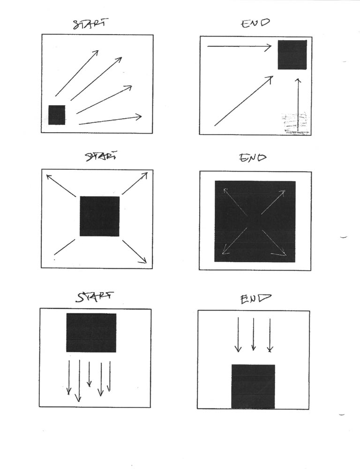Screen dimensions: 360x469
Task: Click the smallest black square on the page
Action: [57, 115]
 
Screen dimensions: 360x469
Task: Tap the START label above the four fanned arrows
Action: [90, 23]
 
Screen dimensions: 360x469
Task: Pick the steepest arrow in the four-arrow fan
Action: [77, 73]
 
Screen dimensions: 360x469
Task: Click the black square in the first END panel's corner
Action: [292, 55]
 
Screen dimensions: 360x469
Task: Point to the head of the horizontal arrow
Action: [268, 46]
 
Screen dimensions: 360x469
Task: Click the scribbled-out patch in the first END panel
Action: [294, 123]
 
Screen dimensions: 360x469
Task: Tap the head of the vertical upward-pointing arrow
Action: [298, 81]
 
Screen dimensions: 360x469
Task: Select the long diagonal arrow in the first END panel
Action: [243, 101]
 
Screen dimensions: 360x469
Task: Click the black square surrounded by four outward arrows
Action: [99, 216]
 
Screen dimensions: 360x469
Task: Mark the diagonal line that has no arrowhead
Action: [64, 247]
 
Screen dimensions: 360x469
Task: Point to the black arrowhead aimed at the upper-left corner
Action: [49, 177]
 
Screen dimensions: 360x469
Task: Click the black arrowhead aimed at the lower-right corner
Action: [144, 260]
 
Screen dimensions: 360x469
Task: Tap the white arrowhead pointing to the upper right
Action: [282, 192]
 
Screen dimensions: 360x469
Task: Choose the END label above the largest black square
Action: [253, 157]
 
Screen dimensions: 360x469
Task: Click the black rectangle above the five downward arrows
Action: [91, 333]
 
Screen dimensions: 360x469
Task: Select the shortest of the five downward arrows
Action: [89, 374]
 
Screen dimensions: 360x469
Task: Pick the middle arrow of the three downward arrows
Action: [254, 334]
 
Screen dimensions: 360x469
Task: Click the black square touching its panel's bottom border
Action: [253, 386]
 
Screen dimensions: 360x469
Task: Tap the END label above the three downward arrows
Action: [255, 298]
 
